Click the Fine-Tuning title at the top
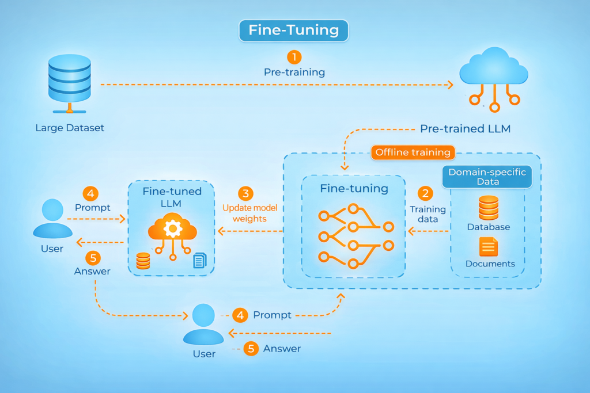point(294,30)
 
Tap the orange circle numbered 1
point(294,57)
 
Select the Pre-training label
point(294,73)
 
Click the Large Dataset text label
point(70,128)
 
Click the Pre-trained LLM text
point(465,129)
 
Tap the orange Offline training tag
point(413,152)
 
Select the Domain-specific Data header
point(487,177)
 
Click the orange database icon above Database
point(489,208)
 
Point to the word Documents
point(490,264)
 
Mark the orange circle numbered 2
point(428,193)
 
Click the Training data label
point(428,214)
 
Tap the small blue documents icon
point(199,260)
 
